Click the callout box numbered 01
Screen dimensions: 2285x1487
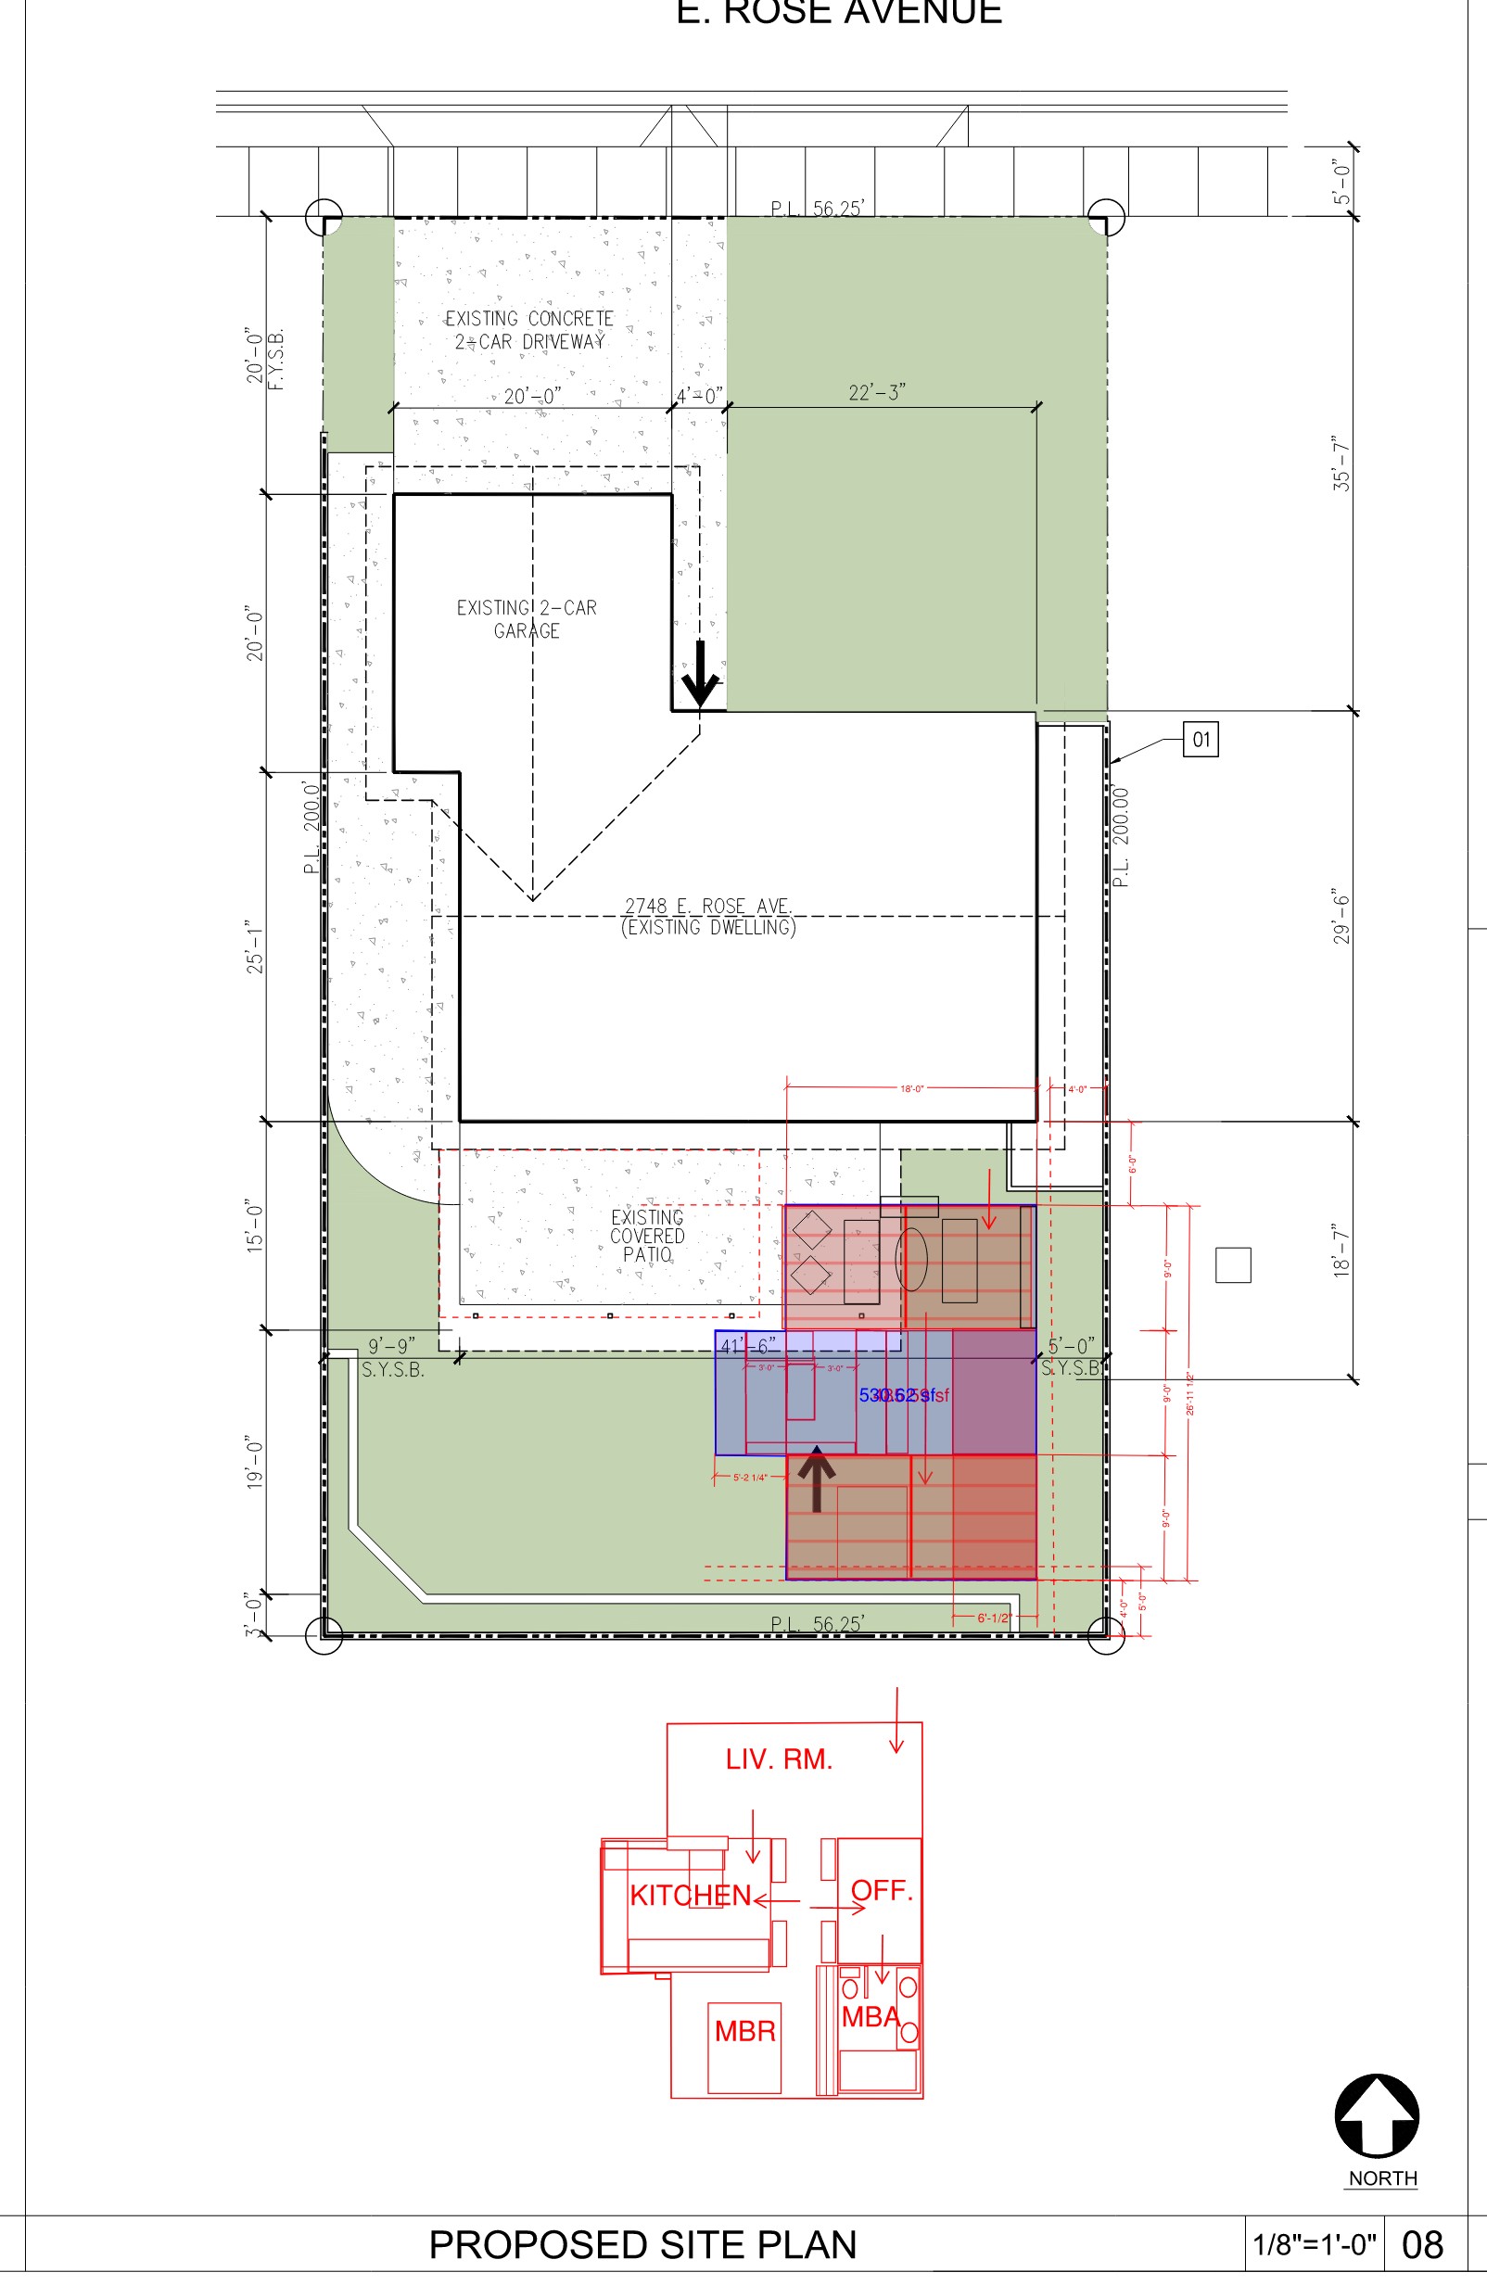tap(1200, 740)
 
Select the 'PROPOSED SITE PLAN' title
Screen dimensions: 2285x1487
tap(642, 2246)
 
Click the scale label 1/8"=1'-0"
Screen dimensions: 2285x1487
tap(1315, 2246)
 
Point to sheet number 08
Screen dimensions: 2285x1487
tap(1423, 2246)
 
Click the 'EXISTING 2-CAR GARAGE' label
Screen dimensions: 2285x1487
tap(526, 619)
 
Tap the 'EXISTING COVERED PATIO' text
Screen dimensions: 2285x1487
tap(647, 1236)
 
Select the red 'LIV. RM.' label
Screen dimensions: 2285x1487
tap(779, 1759)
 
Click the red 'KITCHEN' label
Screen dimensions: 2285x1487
tap(691, 1897)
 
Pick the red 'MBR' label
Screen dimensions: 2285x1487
tap(745, 2032)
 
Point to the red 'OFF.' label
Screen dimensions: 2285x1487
tap(882, 1890)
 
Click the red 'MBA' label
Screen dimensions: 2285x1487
tap(871, 2017)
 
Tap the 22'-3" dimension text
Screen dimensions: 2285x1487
tap(876, 393)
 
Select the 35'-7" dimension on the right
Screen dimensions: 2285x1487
tap(1341, 463)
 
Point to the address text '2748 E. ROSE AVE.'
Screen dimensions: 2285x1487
tap(708, 906)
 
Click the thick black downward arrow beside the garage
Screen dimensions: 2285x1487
tap(700, 674)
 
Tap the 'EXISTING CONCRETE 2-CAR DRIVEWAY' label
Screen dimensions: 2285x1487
tap(529, 329)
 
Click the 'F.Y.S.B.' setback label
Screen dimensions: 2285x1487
tap(276, 360)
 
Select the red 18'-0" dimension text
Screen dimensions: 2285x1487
tap(911, 1088)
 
